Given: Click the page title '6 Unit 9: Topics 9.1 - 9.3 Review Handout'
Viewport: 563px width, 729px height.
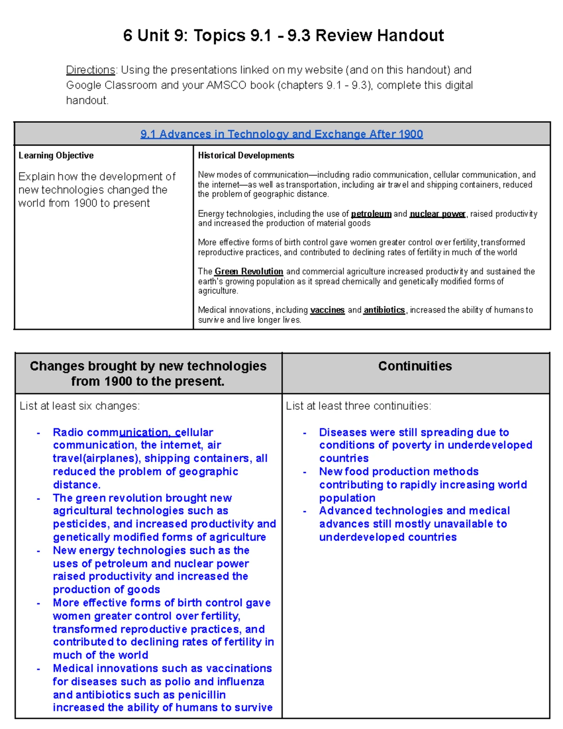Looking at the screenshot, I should tap(283, 36).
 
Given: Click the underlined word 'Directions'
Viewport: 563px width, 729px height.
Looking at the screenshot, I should tap(91, 70).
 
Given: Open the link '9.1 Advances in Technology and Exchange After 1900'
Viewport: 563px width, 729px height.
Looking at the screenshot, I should tap(281, 134).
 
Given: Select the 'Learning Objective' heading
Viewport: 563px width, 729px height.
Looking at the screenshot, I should tap(56, 155).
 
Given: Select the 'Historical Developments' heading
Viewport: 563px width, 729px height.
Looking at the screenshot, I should tap(246, 155).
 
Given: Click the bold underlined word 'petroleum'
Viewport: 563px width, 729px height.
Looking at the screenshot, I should tap(371, 214).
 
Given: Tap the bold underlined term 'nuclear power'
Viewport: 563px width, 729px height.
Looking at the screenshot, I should tap(437, 214).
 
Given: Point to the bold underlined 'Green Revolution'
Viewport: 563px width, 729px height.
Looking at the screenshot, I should tap(249, 271).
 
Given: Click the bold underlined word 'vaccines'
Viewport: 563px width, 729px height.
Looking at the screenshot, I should tap(327, 310).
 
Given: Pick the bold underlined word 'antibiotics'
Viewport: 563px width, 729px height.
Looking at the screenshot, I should tap(384, 310).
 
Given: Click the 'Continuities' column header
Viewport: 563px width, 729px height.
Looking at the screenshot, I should tap(415, 366).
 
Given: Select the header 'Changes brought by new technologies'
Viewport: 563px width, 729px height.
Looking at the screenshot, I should tap(148, 366).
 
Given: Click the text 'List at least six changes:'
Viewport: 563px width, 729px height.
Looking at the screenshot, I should tap(79, 406).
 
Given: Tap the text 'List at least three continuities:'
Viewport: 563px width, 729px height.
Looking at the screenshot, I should tap(358, 406).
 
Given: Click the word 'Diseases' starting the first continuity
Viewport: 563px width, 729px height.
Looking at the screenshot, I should tap(342, 432).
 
